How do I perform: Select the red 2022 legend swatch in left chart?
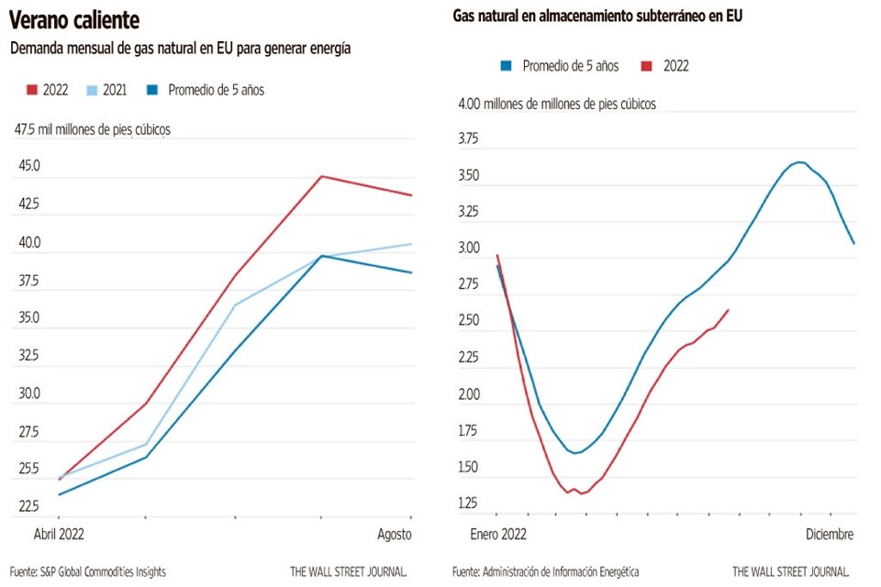[x=31, y=90]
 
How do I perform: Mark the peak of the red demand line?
[x=321, y=176]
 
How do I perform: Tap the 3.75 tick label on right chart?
[x=469, y=139]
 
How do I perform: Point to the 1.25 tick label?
[x=469, y=504]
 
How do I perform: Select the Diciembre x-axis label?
[x=831, y=534]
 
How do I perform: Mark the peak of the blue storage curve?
[x=800, y=162]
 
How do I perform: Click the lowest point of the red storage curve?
[x=580, y=493]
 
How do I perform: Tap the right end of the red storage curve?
[x=729, y=310]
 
